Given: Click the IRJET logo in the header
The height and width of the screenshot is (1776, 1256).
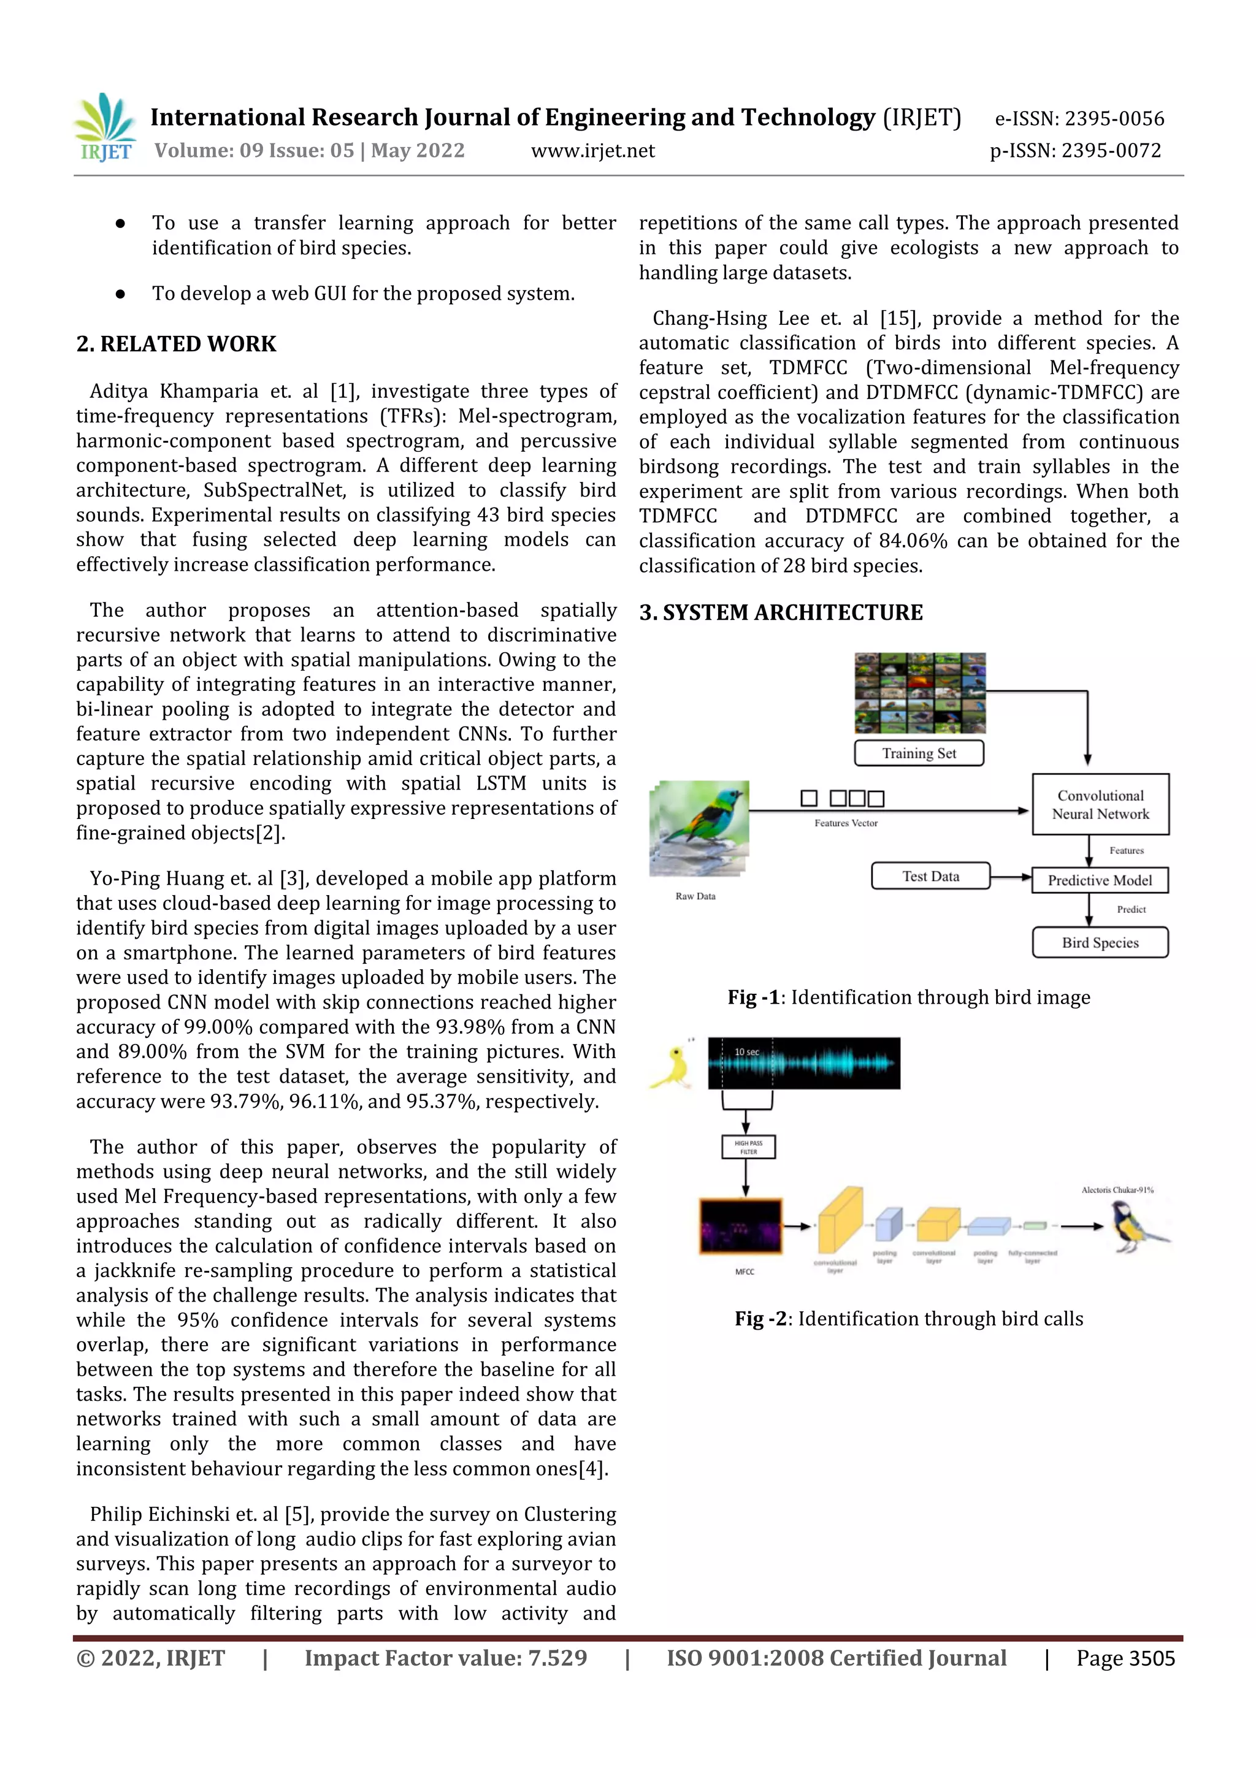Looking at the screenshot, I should (105, 128).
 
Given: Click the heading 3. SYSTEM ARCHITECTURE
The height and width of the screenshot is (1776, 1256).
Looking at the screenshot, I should (780, 612).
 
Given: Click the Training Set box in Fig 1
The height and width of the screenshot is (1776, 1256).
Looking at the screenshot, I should (919, 753).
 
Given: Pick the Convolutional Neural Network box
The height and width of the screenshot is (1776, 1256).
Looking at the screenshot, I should (1100, 804).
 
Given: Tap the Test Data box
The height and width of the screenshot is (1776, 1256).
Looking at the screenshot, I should (930, 877).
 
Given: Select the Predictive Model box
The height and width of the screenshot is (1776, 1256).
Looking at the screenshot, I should (1099, 880).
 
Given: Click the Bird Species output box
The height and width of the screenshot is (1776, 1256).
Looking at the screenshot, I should (1100, 943).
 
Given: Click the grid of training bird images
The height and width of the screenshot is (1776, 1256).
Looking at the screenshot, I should (919, 693).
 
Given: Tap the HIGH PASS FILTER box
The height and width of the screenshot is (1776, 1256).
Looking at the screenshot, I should (748, 1147).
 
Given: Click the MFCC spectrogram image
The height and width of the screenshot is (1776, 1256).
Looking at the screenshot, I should (741, 1226).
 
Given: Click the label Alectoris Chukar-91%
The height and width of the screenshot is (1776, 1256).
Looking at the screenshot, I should (1117, 1191).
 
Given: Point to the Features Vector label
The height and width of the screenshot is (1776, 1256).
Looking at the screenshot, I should (845, 823).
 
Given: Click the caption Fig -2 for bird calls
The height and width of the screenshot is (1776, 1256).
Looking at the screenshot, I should (908, 1319).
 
